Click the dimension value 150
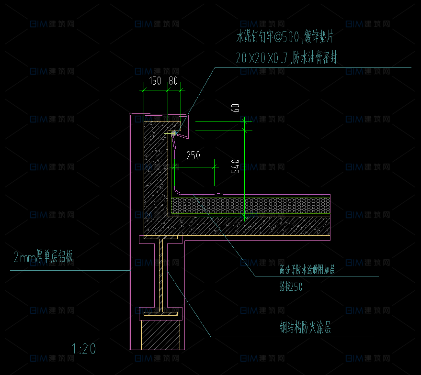point(155,81)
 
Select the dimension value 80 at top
point(173,81)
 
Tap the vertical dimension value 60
point(235,107)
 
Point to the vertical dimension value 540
point(235,166)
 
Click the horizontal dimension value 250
point(193,155)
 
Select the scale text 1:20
point(84,349)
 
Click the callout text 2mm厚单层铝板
point(44,258)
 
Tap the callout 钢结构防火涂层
point(306,328)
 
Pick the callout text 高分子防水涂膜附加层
point(307,270)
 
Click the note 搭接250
point(291,286)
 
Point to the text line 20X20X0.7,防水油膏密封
point(286,58)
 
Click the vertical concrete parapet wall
point(156,172)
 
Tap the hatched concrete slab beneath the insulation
point(249,226)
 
